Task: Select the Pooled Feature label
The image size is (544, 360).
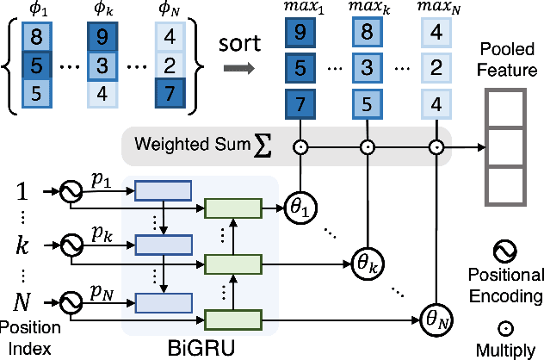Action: (x=504, y=56)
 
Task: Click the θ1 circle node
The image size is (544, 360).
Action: (x=301, y=208)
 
